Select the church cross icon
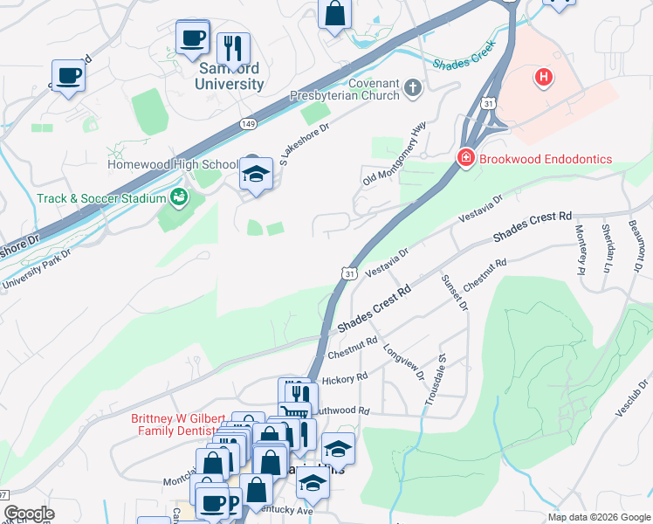413,87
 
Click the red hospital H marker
544,78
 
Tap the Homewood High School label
172,164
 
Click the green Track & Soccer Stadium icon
179,197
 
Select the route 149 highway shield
249,125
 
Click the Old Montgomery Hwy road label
394,154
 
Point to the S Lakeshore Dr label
304,140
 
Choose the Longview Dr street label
402,362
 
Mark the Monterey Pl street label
579,249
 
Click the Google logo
29,514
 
